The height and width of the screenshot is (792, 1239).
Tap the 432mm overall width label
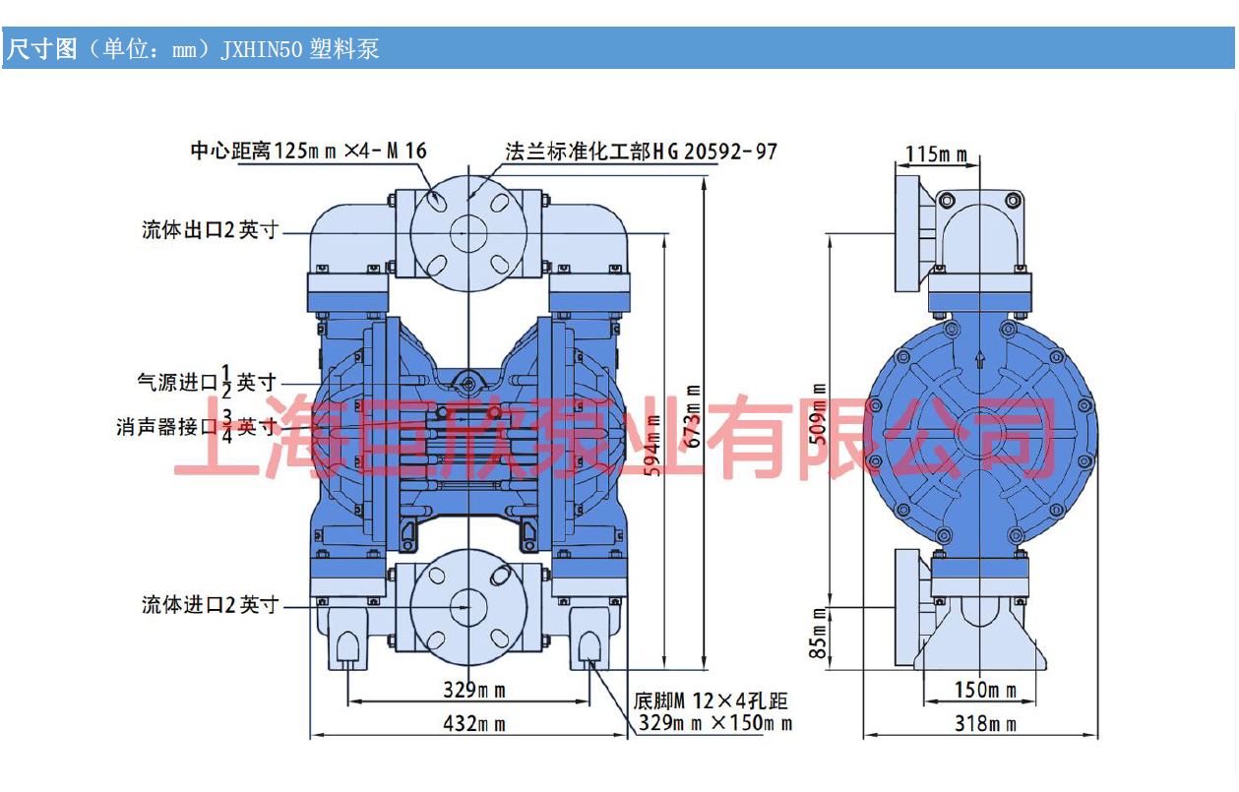coord(474,725)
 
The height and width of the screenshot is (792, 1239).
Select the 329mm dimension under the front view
coord(474,690)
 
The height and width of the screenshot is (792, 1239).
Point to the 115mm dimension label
coord(936,154)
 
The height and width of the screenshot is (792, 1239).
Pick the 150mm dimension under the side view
coord(985,691)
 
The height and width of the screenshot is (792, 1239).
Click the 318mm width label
coord(985,725)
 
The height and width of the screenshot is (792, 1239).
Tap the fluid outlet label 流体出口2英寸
coord(211,230)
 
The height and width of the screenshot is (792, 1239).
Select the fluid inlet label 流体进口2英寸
coord(211,605)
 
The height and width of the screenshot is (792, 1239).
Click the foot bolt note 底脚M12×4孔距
coord(711,701)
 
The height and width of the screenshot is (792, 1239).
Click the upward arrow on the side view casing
coord(980,360)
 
